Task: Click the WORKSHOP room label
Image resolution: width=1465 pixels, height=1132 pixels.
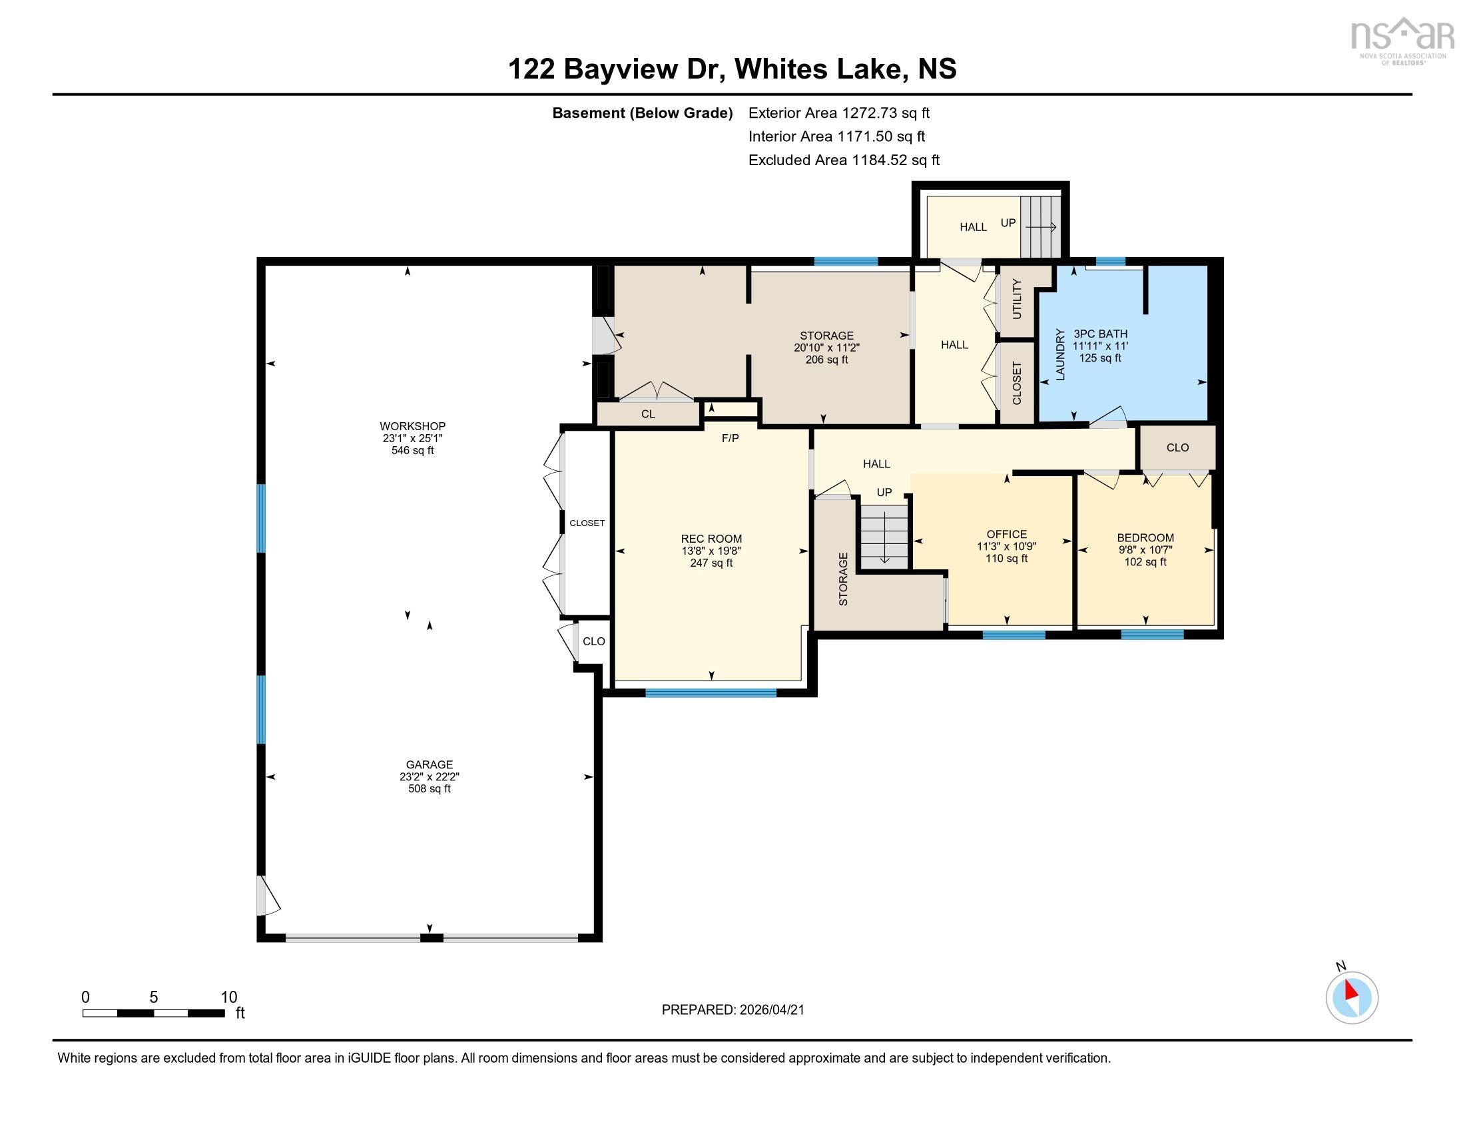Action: click(x=413, y=427)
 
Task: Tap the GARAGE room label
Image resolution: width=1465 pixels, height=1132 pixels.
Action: click(x=430, y=764)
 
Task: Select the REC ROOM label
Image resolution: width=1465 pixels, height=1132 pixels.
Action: click(x=711, y=539)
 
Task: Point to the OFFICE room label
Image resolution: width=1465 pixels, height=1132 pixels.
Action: click(x=1006, y=534)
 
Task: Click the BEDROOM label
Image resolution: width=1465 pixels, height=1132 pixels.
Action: click(x=1145, y=538)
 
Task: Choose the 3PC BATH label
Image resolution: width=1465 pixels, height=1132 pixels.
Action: click(x=1100, y=334)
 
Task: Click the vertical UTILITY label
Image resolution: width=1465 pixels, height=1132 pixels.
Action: click(x=1016, y=300)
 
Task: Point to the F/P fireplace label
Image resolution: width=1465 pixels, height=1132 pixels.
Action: click(x=730, y=439)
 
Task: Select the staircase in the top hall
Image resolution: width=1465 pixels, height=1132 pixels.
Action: click(x=1040, y=227)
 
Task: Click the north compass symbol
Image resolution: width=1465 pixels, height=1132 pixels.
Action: click(x=1352, y=997)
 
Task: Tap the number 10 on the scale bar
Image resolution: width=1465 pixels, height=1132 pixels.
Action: click(x=228, y=997)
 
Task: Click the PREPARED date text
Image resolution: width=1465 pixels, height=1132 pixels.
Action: click(x=732, y=1010)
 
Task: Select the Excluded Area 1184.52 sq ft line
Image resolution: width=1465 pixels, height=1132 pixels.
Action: click(x=843, y=160)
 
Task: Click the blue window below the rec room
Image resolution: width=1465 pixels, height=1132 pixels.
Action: click(x=711, y=693)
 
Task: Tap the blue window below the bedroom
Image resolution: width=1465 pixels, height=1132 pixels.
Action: click(x=1152, y=635)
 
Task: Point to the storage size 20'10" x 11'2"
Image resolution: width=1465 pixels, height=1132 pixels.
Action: click(x=826, y=348)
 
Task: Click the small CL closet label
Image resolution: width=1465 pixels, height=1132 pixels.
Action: click(x=647, y=414)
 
